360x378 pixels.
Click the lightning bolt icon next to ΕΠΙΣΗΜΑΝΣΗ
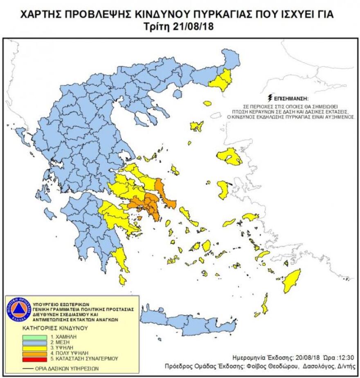pyautogui.click(x=269, y=98)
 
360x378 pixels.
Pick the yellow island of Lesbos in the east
pyautogui.click(x=229, y=157)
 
